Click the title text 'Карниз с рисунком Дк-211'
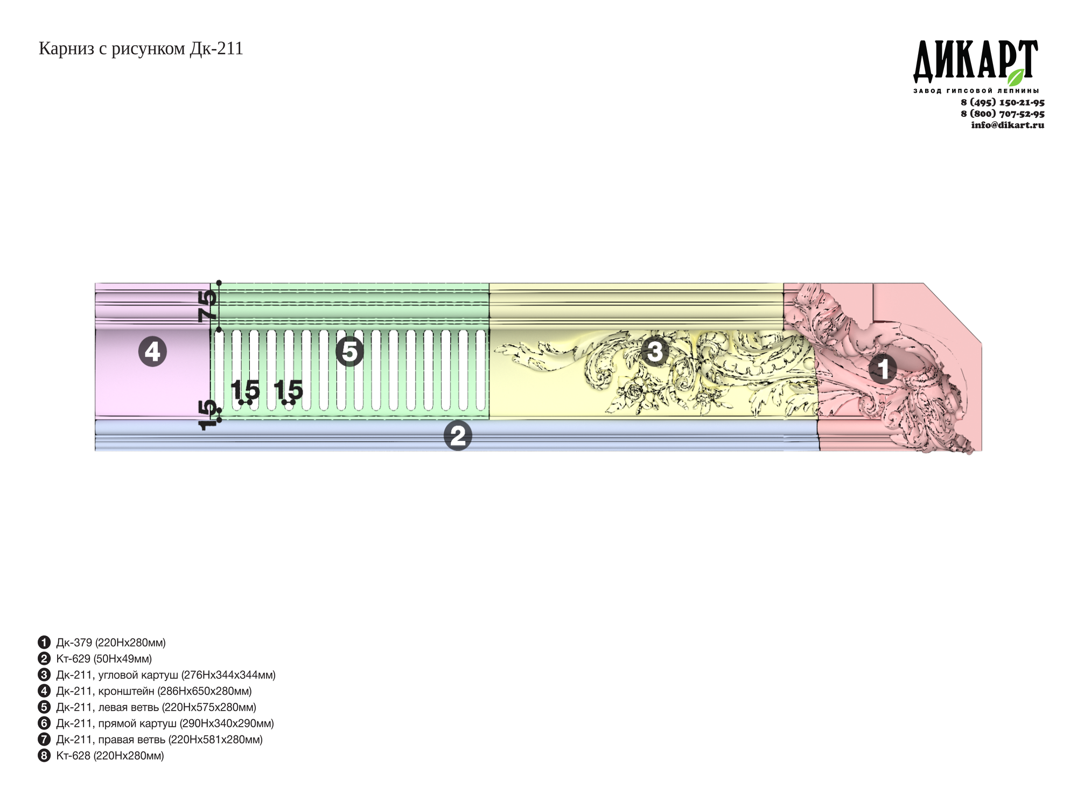coord(141,49)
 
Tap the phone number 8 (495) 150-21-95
coord(1003,102)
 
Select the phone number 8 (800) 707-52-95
coord(1003,114)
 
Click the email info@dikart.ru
coord(1008,125)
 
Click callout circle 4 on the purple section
coord(152,352)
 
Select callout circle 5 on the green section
coord(349,352)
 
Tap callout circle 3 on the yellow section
coord(655,352)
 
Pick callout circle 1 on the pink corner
coord(883,370)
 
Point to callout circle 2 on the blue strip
coord(458,436)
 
